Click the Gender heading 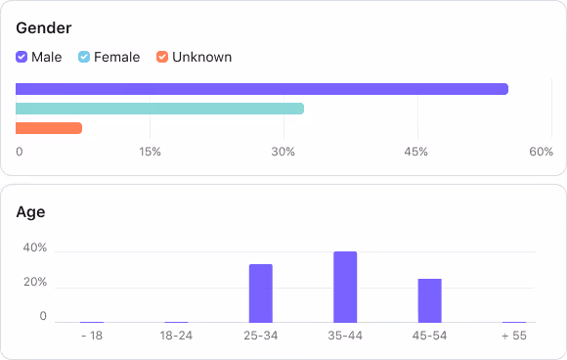[x=44, y=28]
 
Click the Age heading [x=30, y=211]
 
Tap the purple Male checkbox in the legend [x=22, y=57]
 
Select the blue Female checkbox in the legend [x=84, y=57]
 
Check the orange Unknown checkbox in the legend [x=162, y=57]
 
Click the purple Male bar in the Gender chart [x=262, y=89]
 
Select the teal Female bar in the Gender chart [x=160, y=109]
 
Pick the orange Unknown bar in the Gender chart [x=49, y=128]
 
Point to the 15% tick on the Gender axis [x=150, y=152]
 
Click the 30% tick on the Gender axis [x=283, y=152]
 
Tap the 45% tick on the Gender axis [x=415, y=152]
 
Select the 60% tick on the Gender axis [x=541, y=152]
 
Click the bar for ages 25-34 [x=261, y=292]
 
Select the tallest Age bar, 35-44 [x=345, y=287]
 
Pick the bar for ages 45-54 [x=430, y=300]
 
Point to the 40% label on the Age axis [x=35, y=248]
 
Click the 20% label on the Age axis [x=35, y=283]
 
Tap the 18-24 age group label [x=176, y=336]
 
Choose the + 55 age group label [x=514, y=336]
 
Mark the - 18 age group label [x=92, y=336]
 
